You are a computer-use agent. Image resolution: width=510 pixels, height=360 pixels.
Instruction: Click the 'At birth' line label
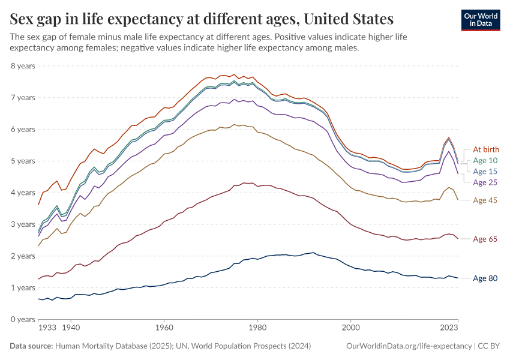[x=486, y=149]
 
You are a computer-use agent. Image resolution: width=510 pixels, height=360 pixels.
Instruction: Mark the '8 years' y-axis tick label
[x=23, y=65]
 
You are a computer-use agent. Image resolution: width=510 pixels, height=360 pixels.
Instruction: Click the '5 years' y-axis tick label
[x=23, y=161]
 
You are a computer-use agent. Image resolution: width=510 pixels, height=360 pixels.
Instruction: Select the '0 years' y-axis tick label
[x=23, y=319]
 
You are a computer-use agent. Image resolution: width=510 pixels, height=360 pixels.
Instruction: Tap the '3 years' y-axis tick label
[x=23, y=224]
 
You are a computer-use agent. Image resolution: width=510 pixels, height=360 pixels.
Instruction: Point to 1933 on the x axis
[x=47, y=328]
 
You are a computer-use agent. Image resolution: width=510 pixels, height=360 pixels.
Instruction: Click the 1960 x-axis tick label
[x=164, y=328]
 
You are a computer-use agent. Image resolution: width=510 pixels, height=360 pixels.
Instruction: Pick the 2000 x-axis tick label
[x=351, y=328]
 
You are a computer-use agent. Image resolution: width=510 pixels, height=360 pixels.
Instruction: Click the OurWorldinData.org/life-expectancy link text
[x=409, y=346]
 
